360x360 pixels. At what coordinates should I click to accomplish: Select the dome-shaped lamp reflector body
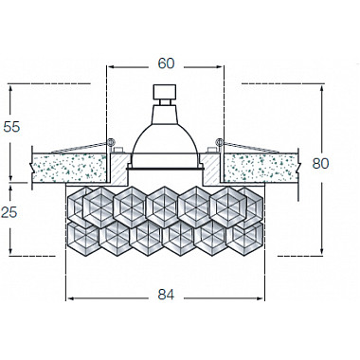(x=166, y=142)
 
